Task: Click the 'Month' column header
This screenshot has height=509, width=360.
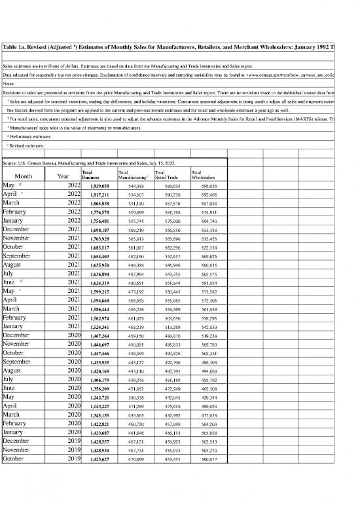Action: point(24,176)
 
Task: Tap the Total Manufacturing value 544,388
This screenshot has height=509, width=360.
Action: point(135,185)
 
